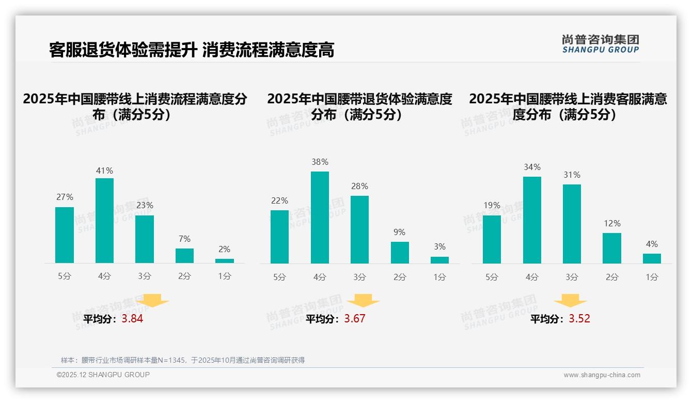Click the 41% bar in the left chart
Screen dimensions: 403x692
[x=104, y=221]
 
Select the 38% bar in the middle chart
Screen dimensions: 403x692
[x=320, y=218]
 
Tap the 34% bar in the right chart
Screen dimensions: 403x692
[x=532, y=220]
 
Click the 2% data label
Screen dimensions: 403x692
[x=225, y=249]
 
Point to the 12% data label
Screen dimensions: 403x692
[x=612, y=223]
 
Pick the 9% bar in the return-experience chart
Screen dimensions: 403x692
[x=400, y=253]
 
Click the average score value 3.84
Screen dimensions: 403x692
[x=132, y=319]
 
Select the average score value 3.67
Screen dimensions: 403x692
[x=354, y=319]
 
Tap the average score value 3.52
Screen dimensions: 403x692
[x=579, y=319]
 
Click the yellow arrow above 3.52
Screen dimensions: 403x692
[x=570, y=301]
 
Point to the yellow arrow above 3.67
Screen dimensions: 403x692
[x=363, y=301]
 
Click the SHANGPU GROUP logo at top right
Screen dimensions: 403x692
[x=600, y=44]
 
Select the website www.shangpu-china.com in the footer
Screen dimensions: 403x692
[x=602, y=375]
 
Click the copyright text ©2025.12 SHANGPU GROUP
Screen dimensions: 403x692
[x=103, y=375]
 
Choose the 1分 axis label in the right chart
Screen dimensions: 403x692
[x=652, y=277]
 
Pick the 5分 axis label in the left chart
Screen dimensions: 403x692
[x=65, y=276]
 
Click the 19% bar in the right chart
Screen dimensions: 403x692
[x=492, y=239]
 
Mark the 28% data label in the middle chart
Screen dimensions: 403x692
[x=360, y=186]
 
